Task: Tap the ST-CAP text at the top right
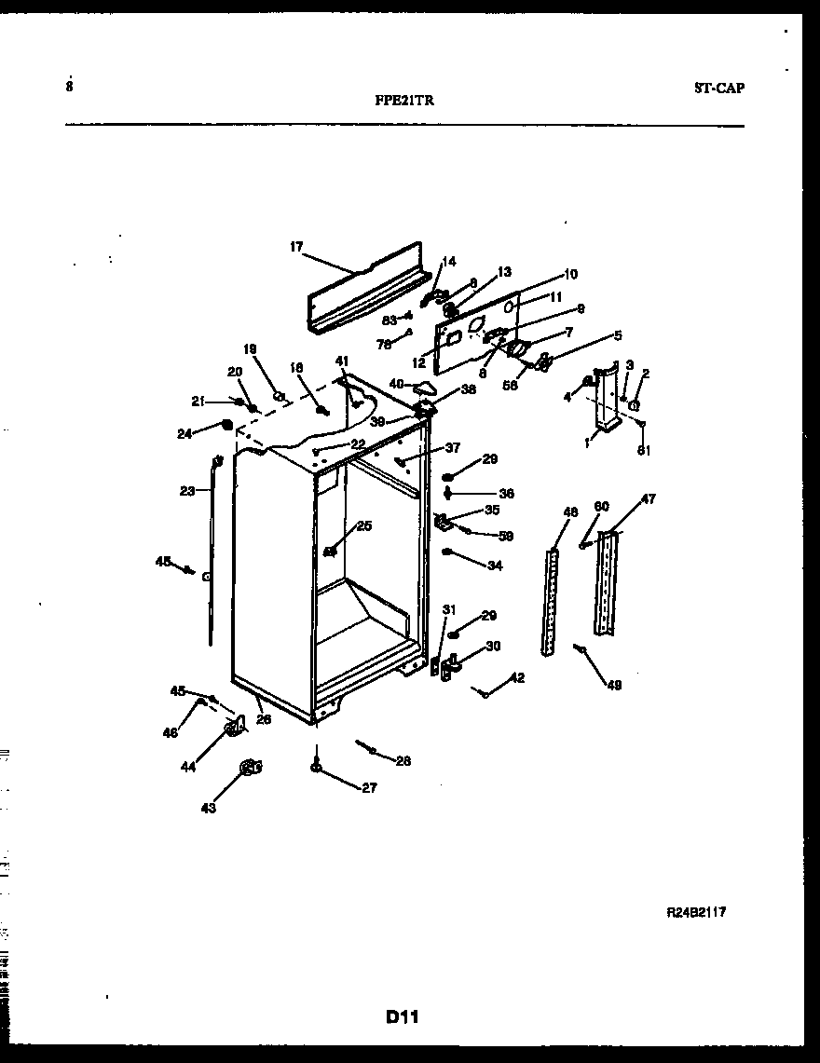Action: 718,89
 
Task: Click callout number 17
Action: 296,247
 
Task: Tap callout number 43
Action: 208,808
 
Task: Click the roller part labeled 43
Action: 250,767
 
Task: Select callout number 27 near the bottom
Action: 369,787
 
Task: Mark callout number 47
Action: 648,499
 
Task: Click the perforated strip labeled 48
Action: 552,601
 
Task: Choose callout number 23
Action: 188,491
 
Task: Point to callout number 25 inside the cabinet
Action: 363,526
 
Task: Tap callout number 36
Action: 506,494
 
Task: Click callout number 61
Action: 643,451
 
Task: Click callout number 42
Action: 517,678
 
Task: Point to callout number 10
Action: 570,274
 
